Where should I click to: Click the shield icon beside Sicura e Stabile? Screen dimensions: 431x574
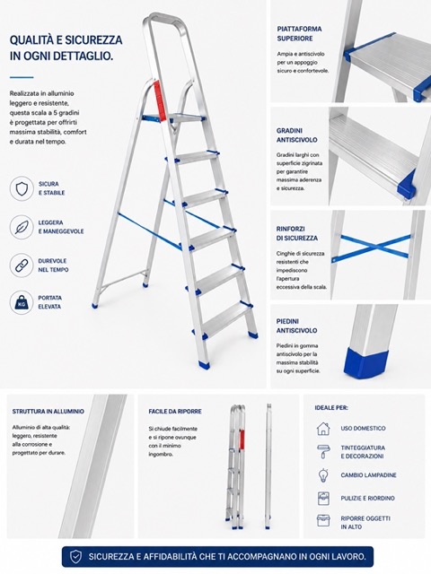(x=22, y=188)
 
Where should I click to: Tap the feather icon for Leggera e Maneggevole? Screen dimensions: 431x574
(x=22, y=227)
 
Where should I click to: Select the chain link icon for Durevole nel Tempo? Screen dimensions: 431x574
(x=22, y=265)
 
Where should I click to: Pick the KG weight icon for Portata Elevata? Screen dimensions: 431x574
(x=22, y=302)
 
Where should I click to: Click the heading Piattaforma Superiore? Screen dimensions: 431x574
(x=299, y=34)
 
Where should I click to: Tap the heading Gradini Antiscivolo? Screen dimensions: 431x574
(x=297, y=135)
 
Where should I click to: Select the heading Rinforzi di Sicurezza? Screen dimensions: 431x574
(x=297, y=233)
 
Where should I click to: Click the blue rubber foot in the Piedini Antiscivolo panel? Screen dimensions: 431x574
(x=366, y=362)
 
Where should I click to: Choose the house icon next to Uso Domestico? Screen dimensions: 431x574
(x=323, y=429)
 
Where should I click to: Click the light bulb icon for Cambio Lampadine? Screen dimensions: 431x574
(x=323, y=474)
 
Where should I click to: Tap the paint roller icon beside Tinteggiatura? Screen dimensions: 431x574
(x=323, y=451)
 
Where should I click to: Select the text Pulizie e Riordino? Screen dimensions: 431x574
(x=367, y=499)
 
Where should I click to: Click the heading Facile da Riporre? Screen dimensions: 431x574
(x=175, y=412)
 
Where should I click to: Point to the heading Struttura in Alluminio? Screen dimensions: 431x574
(x=48, y=412)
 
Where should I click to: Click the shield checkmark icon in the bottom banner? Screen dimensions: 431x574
(x=75, y=556)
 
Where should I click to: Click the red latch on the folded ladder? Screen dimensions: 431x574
(x=242, y=439)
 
